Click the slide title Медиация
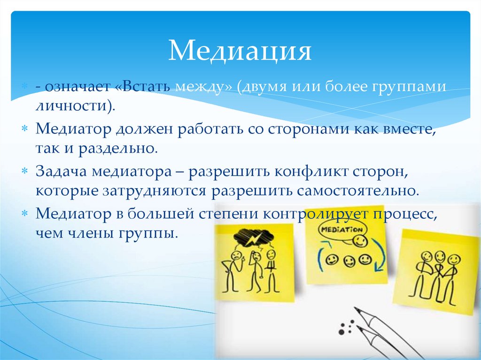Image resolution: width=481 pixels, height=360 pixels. click(240, 51)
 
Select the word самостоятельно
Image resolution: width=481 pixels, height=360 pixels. click(357, 191)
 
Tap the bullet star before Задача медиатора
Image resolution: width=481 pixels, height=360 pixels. click(25, 172)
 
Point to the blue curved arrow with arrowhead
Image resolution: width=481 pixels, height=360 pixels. click(379, 260)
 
